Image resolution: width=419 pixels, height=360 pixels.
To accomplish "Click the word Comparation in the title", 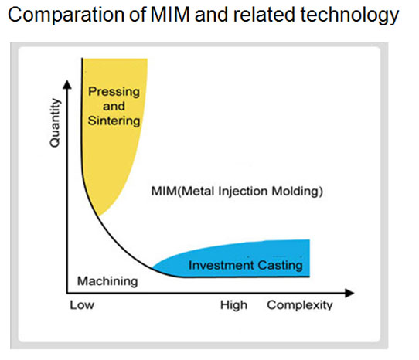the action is click(66, 15).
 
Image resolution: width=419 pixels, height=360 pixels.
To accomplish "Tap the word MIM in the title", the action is click(170, 14).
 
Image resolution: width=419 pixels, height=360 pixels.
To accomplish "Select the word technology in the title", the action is click(349, 15).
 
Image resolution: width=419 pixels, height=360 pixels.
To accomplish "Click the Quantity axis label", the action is click(55, 123).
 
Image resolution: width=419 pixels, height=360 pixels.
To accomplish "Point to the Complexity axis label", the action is click(300, 305).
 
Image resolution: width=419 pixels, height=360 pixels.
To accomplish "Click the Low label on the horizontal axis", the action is click(82, 305).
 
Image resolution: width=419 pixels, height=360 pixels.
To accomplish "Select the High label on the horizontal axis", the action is click(233, 305).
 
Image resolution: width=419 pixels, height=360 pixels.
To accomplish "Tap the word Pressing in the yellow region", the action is click(114, 93).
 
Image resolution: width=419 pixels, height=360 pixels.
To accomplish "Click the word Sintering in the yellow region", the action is click(114, 121).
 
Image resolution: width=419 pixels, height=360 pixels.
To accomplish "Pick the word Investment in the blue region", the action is click(221, 265).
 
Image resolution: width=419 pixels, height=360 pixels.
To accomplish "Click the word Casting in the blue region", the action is click(281, 266).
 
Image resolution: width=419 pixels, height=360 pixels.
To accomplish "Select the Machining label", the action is click(107, 281).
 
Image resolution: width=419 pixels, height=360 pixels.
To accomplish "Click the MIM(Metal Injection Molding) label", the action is click(237, 192).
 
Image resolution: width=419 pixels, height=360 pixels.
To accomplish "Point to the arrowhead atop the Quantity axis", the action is click(67, 84).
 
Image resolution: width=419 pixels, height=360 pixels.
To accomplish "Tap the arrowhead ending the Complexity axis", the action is click(349, 294).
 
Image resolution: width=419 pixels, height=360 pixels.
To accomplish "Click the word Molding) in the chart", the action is click(298, 192).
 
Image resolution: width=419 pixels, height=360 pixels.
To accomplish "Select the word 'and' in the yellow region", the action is click(114, 107).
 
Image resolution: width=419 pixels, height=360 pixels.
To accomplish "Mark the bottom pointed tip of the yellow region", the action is click(99, 216).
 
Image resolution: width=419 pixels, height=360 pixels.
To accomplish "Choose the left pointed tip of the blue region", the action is click(152, 267).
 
